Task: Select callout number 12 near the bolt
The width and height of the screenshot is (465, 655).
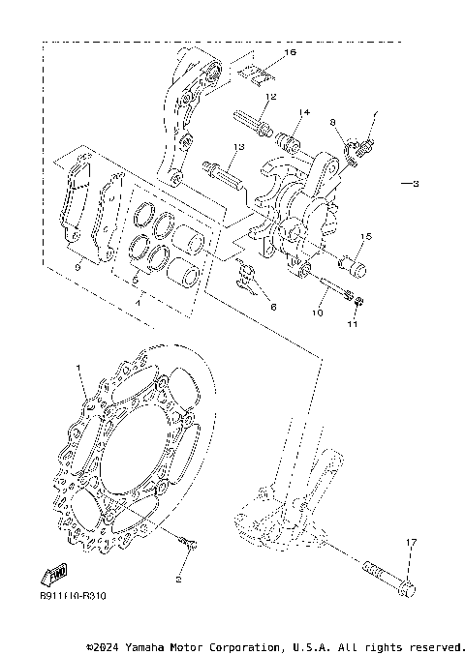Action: tap(271, 97)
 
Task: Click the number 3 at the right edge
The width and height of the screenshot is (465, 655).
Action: tap(414, 184)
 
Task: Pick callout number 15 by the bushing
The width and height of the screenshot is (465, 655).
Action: tap(366, 236)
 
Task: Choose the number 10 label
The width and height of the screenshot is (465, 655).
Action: tap(317, 313)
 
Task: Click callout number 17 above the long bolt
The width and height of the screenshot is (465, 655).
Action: tap(410, 543)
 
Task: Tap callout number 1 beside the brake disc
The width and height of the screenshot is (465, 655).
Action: tap(80, 369)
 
